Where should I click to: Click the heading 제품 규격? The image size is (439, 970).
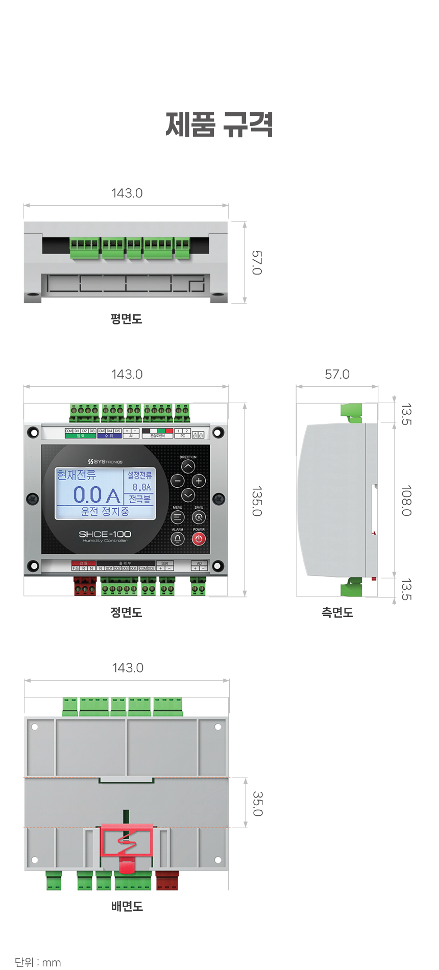pos(219,124)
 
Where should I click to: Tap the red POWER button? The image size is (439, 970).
pos(199,539)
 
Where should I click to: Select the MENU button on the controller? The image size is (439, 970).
pos(177,517)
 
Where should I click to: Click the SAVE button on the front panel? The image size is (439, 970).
pos(199,517)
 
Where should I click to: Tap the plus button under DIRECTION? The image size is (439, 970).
pos(199,481)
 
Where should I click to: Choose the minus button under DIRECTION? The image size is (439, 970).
pos(177,481)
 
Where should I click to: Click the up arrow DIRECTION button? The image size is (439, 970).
pos(188,466)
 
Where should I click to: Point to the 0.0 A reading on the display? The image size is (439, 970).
pos(96,494)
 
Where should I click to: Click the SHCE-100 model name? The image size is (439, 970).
pos(105,534)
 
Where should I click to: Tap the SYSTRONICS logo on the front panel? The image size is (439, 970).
pos(105,461)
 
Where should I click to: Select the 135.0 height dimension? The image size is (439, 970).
pos(256,501)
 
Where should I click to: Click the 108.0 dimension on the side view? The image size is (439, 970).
pos(406,501)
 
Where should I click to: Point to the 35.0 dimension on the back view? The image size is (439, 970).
pos(257,804)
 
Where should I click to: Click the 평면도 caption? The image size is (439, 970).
pos(126,319)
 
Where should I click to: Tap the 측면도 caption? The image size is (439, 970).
pos(337,612)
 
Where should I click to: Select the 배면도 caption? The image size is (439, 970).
pos(127,906)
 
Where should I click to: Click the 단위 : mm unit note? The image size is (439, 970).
pos(38,962)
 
